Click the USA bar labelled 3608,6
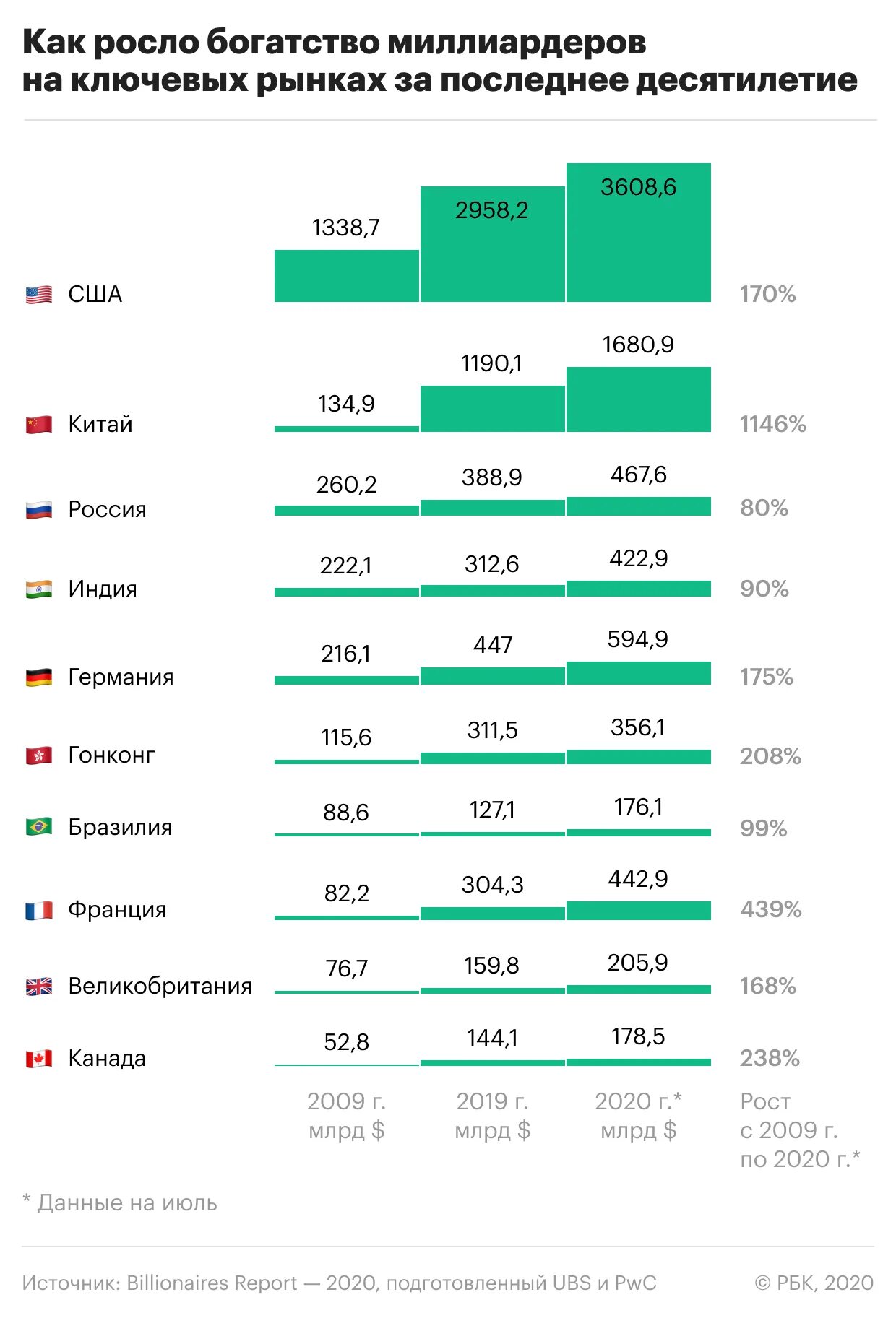[x=639, y=233]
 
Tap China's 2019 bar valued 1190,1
[x=492, y=409]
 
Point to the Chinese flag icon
[x=39, y=424]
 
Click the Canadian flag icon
[x=39, y=1059]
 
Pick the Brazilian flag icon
[x=39, y=826]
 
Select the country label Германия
[x=121, y=677]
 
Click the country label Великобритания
[x=160, y=986]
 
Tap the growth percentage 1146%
[x=772, y=424]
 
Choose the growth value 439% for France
[x=770, y=909]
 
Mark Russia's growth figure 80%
[x=764, y=508]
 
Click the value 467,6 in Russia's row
[x=638, y=474]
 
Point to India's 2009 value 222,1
[x=346, y=565]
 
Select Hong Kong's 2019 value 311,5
[x=492, y=730]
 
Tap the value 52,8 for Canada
[x=346, y=1042]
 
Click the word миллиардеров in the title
[x=517, y=43]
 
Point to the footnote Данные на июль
[x=127, y=1203]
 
